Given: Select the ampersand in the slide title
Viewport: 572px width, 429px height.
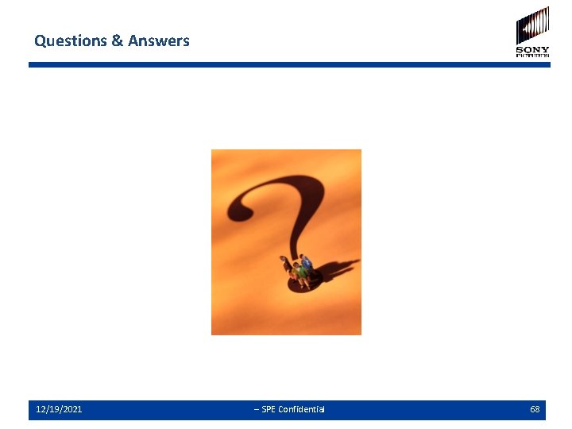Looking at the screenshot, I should pyautogui.click(x=116, y=41).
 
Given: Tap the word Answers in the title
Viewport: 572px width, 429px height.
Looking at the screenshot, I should pyautogui.click(x=158, y=41).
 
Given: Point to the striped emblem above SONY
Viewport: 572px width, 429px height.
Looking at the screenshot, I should pyautogui.click(x=532, y=25).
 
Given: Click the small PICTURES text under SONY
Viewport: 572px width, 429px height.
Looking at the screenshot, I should pyautogui.click(x=532, y=56).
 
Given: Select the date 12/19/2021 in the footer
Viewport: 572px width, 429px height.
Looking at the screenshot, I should pyautogui.click(x=59, y=409).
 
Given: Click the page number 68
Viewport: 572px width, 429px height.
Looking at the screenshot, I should pyautogui.click(x=535, y=409).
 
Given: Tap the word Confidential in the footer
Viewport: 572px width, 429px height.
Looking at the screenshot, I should pyautogui.click(x=301, y=409).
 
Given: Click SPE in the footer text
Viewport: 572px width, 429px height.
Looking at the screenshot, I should pyautogui.click(x=269, y=409).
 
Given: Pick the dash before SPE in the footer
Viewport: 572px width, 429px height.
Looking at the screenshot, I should pyautogui.click(x=256, y=409).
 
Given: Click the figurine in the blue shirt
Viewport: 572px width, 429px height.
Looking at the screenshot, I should pyautogui.click(x=307, y=265).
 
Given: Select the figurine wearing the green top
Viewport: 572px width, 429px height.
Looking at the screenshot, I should pyautogui.click(x=300, y=273).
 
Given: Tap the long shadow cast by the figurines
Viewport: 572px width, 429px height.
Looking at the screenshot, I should pyautogui.click(x=338, y=270).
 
